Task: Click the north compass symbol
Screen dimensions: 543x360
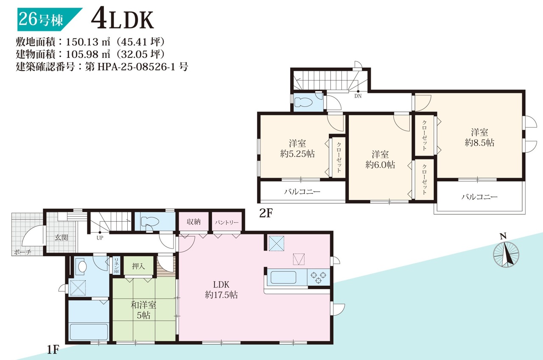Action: (506, 253)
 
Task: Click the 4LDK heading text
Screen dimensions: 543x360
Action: (123, 20)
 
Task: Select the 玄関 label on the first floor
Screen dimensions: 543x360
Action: (62, 237)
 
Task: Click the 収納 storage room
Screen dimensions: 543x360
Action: (193, 221)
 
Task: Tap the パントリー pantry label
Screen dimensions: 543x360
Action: (227, 222)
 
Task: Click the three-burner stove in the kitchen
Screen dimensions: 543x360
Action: (319, 277)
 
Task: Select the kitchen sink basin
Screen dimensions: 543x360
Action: (283, 277)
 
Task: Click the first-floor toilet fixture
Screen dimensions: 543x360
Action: (150, 221)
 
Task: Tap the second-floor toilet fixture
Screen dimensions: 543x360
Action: (303, 102)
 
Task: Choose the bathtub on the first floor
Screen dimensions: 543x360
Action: (89, 332)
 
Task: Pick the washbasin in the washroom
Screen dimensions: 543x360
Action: (82, 267)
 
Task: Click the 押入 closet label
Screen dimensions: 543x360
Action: (138, 266)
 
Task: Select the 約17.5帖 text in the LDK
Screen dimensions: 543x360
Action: (221, 295)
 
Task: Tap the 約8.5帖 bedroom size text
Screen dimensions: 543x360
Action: (479, 142)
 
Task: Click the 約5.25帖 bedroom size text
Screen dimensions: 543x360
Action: (297, 153)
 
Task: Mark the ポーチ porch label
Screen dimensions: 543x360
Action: (22, 252)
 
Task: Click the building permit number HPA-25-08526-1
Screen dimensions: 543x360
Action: (136, 67)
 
